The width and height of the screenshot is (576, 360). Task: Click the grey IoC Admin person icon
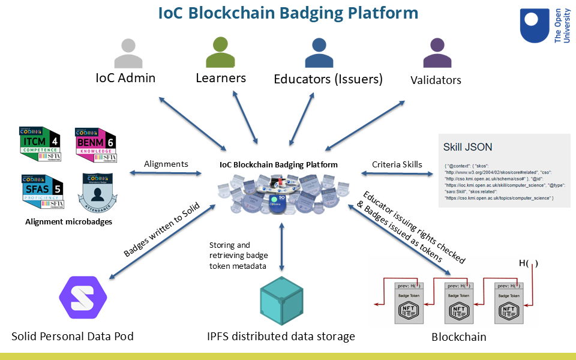pos(128,54)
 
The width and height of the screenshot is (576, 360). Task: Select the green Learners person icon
pos(220,52)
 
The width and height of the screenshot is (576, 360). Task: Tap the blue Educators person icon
pos(319,53)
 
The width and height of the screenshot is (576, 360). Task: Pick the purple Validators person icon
pos(437,54)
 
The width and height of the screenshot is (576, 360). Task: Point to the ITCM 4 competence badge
pos(40,144)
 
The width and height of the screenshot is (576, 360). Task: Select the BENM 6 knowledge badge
pos(96,144)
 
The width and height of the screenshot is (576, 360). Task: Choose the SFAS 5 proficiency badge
pos(40,191)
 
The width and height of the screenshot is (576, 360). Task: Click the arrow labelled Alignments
pos(166,173)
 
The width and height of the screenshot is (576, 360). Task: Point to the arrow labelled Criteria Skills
pos(397,173)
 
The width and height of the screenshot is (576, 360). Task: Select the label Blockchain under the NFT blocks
pos(459,337)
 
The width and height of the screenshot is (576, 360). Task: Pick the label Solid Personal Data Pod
pos(72,336)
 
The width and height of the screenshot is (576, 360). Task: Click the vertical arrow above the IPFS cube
pos(281,247)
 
